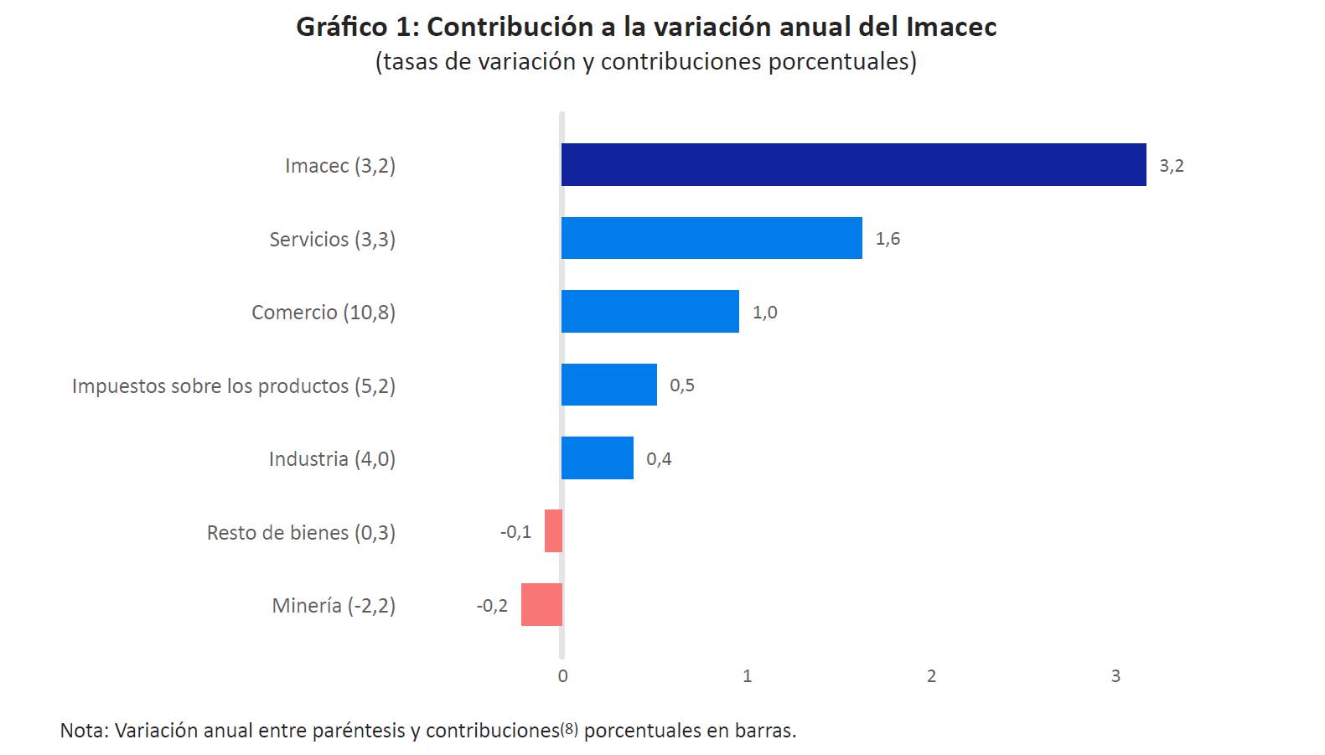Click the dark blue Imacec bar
pos(853,164)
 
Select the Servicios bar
pos(712,238)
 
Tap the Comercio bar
pos(650,312)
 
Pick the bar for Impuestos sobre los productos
pos(608,385)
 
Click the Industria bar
pos(597,458)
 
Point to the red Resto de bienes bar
pos(553,531)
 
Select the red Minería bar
pos(541,605)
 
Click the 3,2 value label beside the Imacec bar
pos(1171,166)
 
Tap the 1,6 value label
pos(888,239)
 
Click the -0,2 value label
pos(492,606)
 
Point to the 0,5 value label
pos(681,385)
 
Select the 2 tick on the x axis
pos(931,676)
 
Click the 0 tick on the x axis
pos(562,676)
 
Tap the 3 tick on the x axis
pos(1115,676)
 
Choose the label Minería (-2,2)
pos(334,606)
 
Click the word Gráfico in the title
pos(341,28)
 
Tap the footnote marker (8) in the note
pos(569,729)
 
